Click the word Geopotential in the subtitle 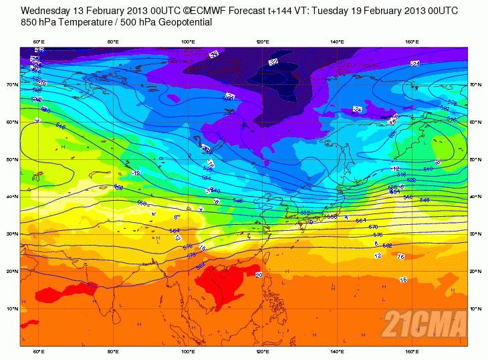coord(187,22)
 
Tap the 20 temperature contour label coord(259,275)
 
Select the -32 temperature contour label coord(273,62)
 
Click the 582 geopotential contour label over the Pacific coord(387,246)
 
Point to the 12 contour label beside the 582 coord(378,256)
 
